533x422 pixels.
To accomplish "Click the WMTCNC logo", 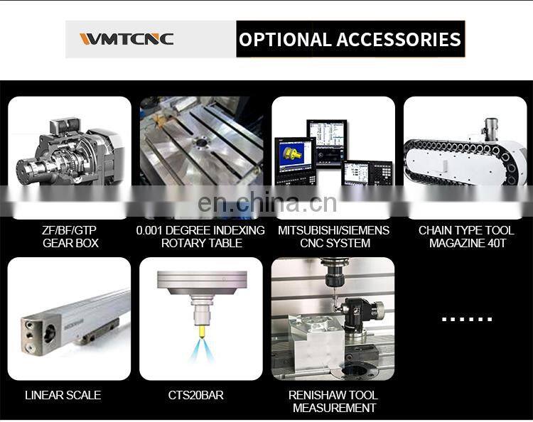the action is coord(126,39).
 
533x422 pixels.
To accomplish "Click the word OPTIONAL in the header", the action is coord(285,39).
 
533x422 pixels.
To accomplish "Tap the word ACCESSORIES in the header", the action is coord(399,39).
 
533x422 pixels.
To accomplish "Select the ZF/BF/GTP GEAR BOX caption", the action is coord(70,237).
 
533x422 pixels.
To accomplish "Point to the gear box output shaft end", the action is coord(23,172).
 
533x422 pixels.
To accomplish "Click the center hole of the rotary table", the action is coord(201,143).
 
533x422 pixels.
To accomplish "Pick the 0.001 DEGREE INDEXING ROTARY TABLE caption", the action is coord(200,237).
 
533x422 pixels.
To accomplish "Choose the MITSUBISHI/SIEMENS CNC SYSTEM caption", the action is coord(334,237).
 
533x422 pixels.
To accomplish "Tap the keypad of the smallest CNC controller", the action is coord(383,173).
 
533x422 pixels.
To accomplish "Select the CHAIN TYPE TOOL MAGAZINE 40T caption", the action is coord(466,237).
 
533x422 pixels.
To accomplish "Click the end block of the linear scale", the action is coord(40,332).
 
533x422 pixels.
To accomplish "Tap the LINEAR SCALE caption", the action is coord(63,395).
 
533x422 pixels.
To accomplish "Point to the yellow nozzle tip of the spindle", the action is coord(202,330).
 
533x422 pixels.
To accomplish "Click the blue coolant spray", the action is coord(202,350).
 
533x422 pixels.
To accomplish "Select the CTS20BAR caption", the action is coord(196,395).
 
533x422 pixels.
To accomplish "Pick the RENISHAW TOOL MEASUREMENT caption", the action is coord(333,401).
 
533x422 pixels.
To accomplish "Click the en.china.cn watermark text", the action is coord(267,202).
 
